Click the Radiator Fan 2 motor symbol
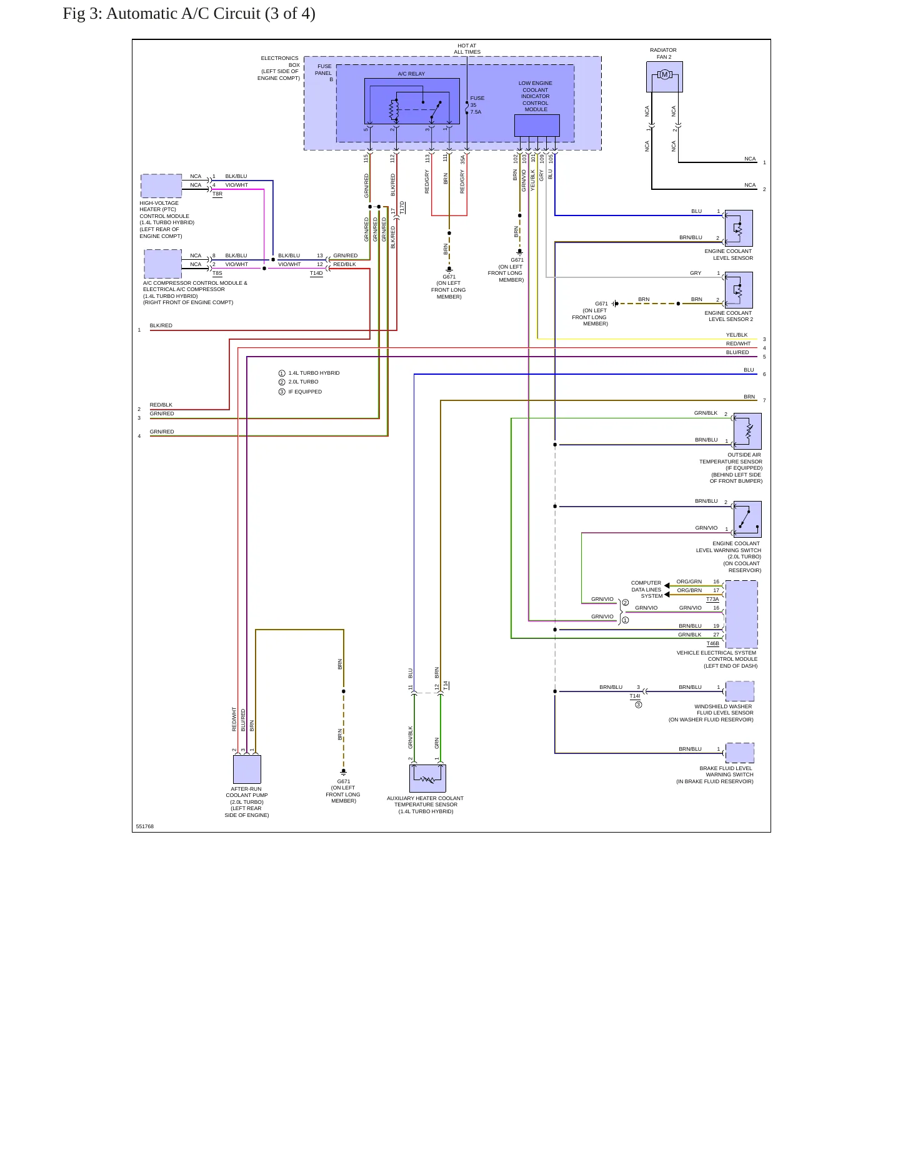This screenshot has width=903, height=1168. click(x=664, y=75)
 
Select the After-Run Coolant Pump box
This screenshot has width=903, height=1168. click(x=247, y=769)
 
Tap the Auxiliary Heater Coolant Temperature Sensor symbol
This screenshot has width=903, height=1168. click(x=427, y=778)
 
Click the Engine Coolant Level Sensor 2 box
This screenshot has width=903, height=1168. click(x=739, y=290)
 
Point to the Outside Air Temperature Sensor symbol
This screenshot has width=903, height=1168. click(x=747, y=431)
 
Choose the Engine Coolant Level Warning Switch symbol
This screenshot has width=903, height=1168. click(x=747, y=519)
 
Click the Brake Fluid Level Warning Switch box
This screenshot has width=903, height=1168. click(x=740, y=753)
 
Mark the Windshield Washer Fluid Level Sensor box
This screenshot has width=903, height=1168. click(x=740, y=691)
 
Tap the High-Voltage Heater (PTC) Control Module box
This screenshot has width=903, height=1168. click(x=161, y=186)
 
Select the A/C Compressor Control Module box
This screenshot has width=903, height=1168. click(x=163, y=264)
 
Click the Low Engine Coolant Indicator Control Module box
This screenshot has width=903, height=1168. click(x=537, y=125)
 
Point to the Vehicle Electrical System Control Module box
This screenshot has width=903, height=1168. click(x=741, y=615)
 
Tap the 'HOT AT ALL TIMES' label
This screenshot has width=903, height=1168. click(x=467, y=49)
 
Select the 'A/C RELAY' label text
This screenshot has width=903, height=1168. click(x=411, y=74)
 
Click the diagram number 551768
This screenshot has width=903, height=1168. click(x=145, y=826)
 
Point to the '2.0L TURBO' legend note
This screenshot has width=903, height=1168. click(x=303, y=382)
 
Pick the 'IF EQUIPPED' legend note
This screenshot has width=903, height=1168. click(x=305, y=392)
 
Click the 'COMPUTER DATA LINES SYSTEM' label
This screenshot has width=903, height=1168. click(x=646, y=590)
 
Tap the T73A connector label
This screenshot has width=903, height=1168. click(x=712, y=599)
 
